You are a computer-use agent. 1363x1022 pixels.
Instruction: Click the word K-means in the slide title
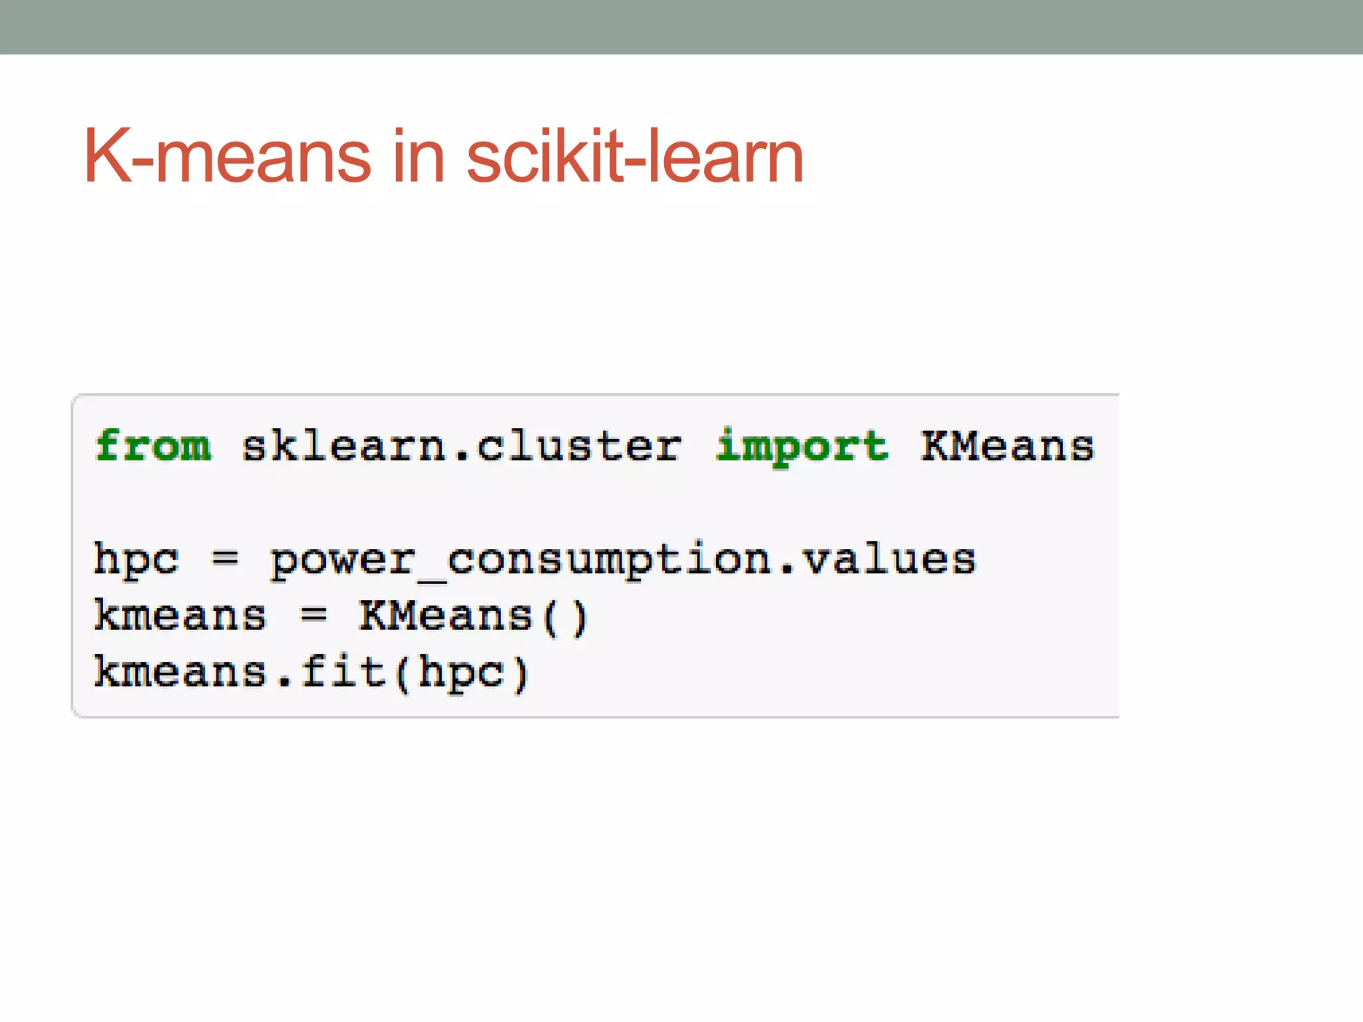point(226,157)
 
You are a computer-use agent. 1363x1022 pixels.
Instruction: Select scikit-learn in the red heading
point(635,157)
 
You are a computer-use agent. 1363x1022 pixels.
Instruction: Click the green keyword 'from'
point(153,445)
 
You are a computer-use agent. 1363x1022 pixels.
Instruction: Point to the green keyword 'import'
point(802,445)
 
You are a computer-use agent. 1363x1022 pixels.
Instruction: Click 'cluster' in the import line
point(579,445)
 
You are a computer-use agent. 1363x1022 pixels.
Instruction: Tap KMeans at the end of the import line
point(1008,445)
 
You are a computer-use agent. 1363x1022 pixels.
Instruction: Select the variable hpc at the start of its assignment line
point(136,559)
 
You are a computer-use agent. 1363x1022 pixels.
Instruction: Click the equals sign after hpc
point(225,559)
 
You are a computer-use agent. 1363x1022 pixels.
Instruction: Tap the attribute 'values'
point(888,559)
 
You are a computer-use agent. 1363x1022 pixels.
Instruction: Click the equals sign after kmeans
point(313,615)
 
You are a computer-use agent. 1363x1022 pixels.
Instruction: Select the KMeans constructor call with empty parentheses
point(473,616)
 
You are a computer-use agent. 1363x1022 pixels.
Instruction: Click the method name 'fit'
point(343,672)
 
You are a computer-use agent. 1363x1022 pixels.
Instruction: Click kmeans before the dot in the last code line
point(180,672)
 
